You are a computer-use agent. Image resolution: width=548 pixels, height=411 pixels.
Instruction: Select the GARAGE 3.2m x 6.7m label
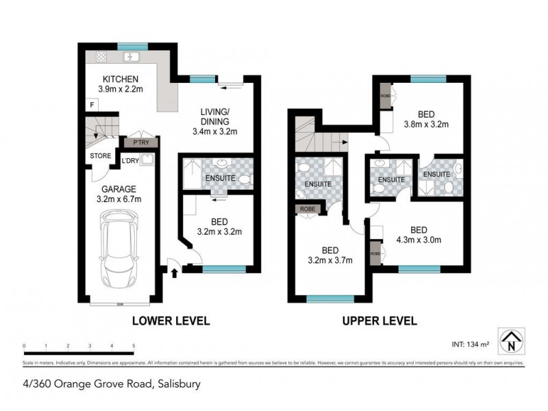[120, 195]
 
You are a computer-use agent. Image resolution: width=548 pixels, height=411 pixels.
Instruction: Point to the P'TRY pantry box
[140, 142]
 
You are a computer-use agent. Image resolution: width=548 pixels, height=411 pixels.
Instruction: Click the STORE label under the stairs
[101, 155]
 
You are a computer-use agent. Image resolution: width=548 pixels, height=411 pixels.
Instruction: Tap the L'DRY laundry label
[131, 162]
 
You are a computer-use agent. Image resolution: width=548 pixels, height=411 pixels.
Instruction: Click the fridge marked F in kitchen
[92, 104]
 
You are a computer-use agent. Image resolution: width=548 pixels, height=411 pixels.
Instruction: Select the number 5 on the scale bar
[133, 346]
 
